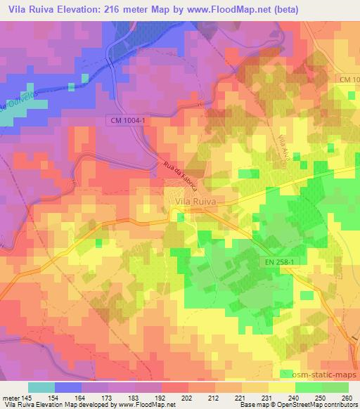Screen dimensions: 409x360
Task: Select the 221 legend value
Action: [x=241, y=397]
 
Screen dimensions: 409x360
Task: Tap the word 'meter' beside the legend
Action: [x=11, y=397]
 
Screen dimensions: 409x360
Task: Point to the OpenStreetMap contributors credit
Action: [x=324, y=405]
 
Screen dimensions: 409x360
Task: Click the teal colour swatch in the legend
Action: [x=41, y=387]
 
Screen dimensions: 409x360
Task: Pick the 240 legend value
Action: [x=295, y=397]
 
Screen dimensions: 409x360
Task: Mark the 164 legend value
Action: [x=81, y=397]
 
